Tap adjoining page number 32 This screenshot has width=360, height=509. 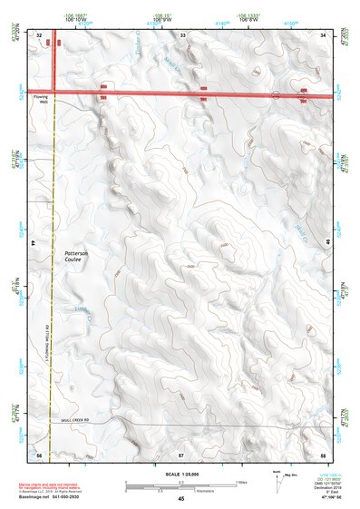tap(40, 34)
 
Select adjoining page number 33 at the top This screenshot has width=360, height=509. tap(182, 34)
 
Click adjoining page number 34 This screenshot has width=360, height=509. tap(324, 34)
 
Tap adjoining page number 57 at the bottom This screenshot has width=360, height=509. tap(181, 452)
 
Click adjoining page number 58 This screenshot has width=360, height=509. tap(323, 452)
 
